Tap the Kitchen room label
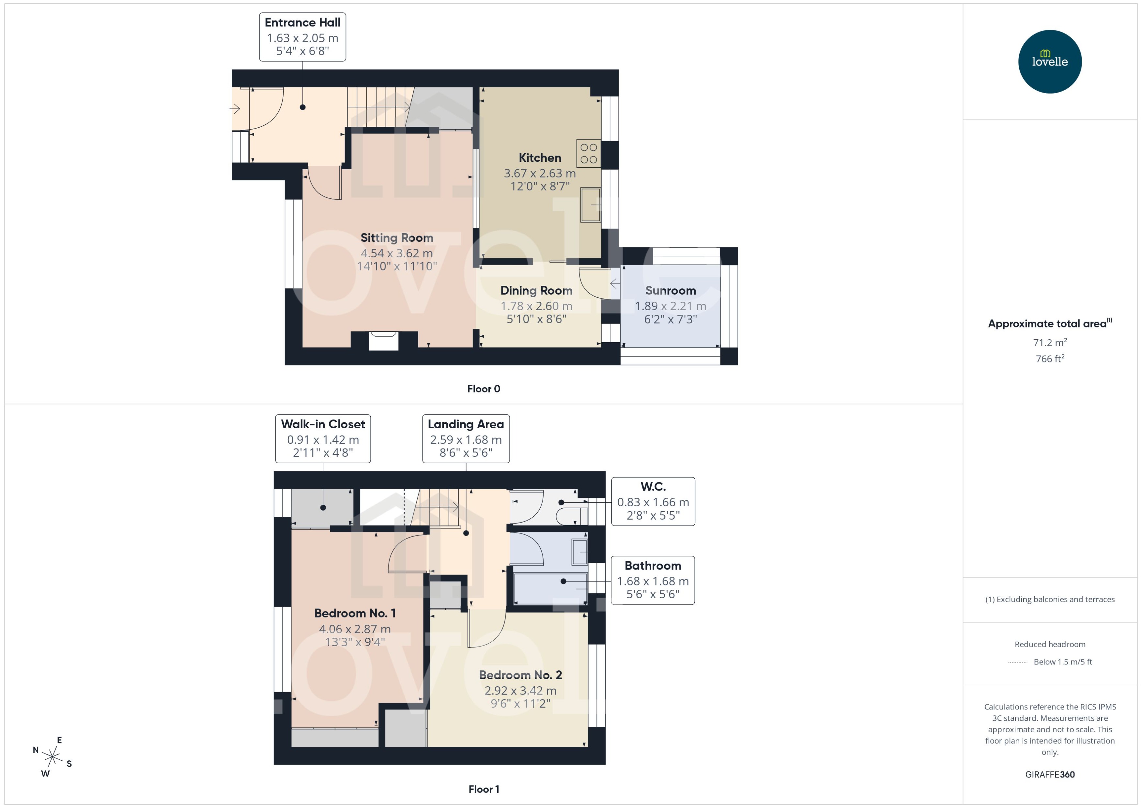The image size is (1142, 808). [x=540, y=158]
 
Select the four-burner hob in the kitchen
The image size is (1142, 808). [x=589, y=153]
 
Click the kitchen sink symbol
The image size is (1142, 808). [x=591, y=205]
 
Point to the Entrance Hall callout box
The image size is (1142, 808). [x=302, y=37]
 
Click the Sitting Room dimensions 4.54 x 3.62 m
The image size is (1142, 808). [x=396, y=253]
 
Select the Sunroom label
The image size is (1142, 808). [x=670, y=291]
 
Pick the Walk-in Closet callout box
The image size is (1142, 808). [x=323, y=438]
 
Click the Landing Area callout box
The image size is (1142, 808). [x=466, y=438]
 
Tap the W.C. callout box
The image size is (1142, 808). [x=653, y=501]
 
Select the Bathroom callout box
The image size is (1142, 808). [x=653, y=580]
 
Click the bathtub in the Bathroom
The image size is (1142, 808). [x=549, y=588]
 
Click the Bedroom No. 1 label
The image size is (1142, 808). [x=355, y=613]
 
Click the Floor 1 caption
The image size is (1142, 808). [x=484, y=789]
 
